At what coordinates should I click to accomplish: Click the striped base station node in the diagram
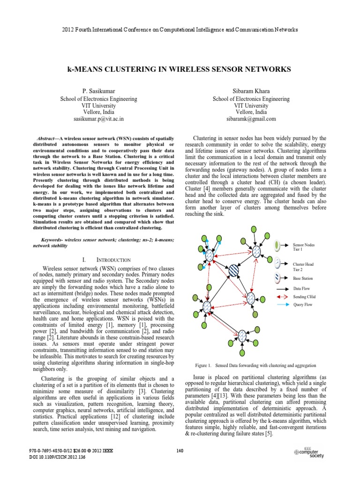point(233,270)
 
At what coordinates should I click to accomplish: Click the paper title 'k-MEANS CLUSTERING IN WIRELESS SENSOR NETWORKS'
point(180,69)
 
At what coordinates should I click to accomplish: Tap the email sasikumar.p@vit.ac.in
point(98,119)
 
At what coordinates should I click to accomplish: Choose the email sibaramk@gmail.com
point(251,119)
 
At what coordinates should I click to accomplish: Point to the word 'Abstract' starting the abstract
point(46,139)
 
